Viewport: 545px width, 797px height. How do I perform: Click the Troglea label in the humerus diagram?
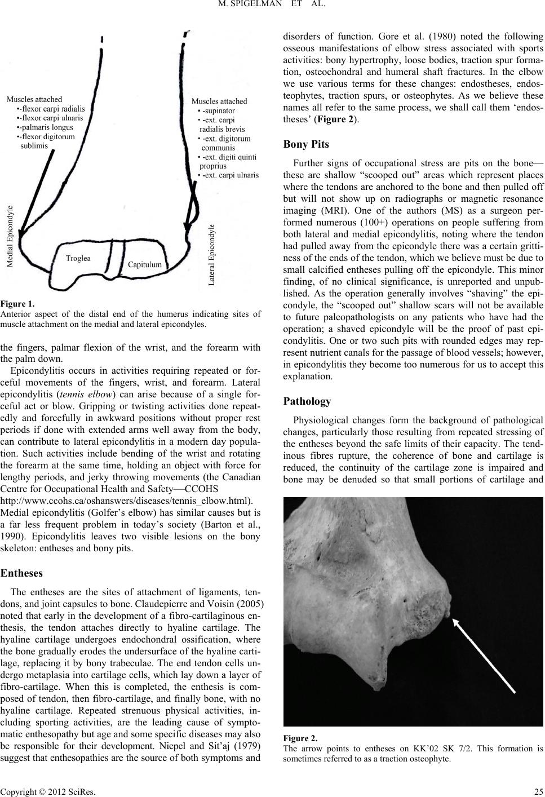[78, 274]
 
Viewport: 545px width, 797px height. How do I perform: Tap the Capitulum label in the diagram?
[145, 280]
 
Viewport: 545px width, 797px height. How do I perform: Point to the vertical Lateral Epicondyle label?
[212, 256]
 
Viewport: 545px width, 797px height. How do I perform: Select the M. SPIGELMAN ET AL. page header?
[272, 6]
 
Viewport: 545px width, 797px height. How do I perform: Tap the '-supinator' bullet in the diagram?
[215, 110]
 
